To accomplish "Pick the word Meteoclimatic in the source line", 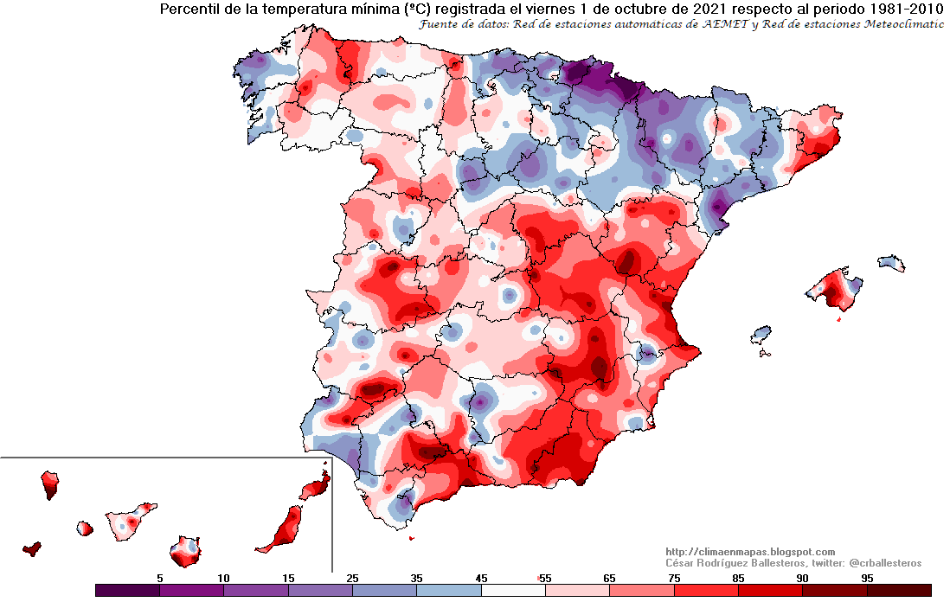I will click(x=902, y=24).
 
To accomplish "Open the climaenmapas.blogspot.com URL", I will click(x=750, y=552).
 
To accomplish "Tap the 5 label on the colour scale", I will click(x=159, y=578).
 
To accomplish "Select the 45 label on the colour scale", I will click(x=480, y=578).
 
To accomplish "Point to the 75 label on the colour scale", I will click(x=673, y=578).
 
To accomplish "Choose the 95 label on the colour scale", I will click(x=866, y=578).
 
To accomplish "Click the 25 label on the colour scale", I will click(x=352, y=578).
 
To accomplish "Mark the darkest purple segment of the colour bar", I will click(x=127, y=591).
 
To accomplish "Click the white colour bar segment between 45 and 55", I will click(x=512, y=591).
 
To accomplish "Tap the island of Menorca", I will click(x=890, y=262).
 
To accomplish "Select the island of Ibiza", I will click(x=761, y=333).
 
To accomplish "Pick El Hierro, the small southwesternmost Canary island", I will click(x=32, y=548).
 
